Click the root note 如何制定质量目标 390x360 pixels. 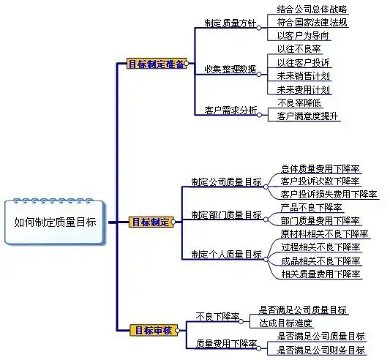tap(55, 222)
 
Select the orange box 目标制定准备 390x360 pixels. tap(157, 64)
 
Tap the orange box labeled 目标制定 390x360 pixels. tap(151, 222)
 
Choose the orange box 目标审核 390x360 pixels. tap(154, 331)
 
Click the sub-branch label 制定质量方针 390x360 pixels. tap(230, 23)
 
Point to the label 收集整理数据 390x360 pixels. tap(230, 70)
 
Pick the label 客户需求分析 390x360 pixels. tap(230, 110)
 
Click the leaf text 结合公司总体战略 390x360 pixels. tap(312, 10)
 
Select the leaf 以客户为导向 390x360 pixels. tap(303, 36)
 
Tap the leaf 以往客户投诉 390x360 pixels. tap(304, 63)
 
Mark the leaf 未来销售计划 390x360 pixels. tap(304, 76)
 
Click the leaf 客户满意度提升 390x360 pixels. tap(307, 116)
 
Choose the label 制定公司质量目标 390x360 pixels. tap(227, 182)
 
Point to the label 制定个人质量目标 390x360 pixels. tap(227, 255)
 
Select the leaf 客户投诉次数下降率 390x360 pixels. tap(320, 181)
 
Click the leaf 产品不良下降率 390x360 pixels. tap(312, 208)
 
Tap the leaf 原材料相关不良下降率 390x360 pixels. tap(325, 234)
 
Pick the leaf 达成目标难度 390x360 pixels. tap(285, 323)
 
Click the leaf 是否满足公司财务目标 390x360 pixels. tap(321, 350)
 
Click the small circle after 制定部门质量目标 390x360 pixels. tap(266, 220)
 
